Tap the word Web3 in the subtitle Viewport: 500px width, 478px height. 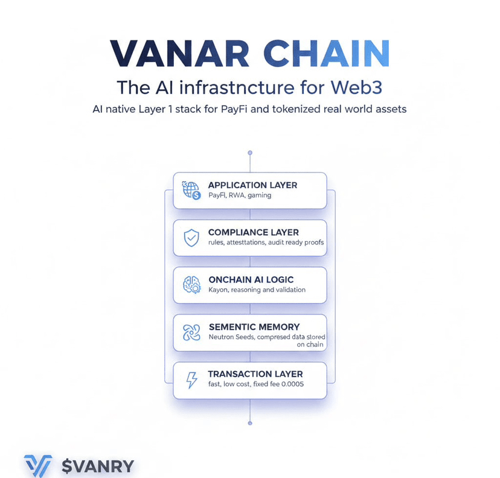tap(356, 87)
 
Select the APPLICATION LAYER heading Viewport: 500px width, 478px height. tap(252, 185)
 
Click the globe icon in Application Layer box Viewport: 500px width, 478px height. tap(191, 190)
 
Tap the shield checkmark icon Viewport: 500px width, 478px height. tap(191, 238)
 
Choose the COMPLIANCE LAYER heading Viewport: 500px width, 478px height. tap(253, 232)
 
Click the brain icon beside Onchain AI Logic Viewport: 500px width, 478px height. tap(191, 285)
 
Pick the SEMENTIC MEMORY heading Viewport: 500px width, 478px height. tap(254, 327)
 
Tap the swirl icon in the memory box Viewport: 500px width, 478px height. tap(191, 333)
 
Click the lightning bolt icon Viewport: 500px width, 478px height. tap(191, 380)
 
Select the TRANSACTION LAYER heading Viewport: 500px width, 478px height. tap(255, 374)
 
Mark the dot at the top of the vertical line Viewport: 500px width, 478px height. tap(250, 153)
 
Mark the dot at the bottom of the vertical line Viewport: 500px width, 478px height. tap(250, 423)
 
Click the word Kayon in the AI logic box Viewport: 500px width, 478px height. tap(219, 290)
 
